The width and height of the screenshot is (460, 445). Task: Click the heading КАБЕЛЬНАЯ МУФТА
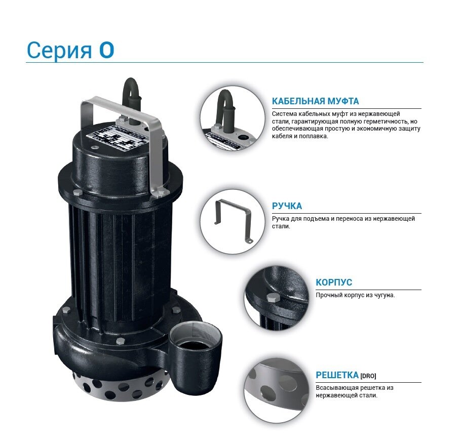(x=315, y=101)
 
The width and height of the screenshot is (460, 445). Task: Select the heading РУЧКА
(x=287, y=206)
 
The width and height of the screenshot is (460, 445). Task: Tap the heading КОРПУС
(x=333, y=282)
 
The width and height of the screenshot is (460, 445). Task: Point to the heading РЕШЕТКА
(x=337, y=375)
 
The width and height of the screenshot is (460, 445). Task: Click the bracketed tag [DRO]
(x=368, y=376)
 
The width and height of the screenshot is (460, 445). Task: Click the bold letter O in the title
(x=106, y=50)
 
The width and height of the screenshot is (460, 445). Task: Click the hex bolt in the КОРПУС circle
(x=274, y=298)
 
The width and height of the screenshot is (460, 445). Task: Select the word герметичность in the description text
(x=383, y=122)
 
